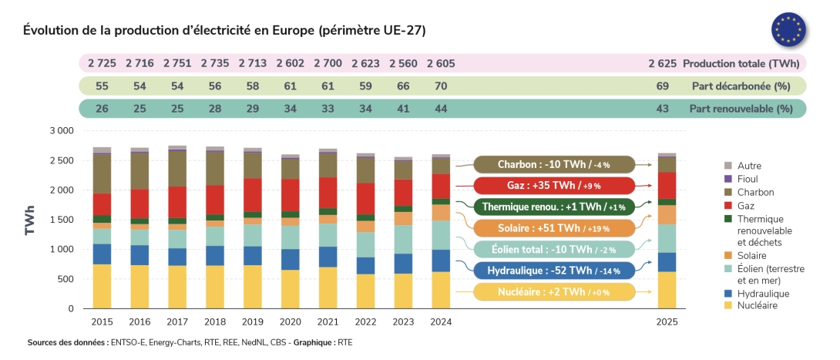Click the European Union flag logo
tap(788, 30)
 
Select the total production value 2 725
tap(102, 63)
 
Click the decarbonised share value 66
tap(403, 86)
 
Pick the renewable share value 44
tap(441, 109)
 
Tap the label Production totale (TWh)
tap(741, 63)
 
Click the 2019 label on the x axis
tap(253, 321)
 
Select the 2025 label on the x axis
tap(667, 321)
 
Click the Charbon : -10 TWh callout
tap(553, 164)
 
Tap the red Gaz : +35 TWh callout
tap(553, 186)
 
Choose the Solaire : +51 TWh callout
tap(553, 228)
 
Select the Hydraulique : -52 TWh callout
tap(553, 271)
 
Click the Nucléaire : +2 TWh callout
tap(553, 291)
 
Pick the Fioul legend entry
tap(751, 179)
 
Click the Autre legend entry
tap(751, 166)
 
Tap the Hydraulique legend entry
tap(763, 293)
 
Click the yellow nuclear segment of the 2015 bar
tap(102, 286)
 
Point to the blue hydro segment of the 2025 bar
tap(667, 262)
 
